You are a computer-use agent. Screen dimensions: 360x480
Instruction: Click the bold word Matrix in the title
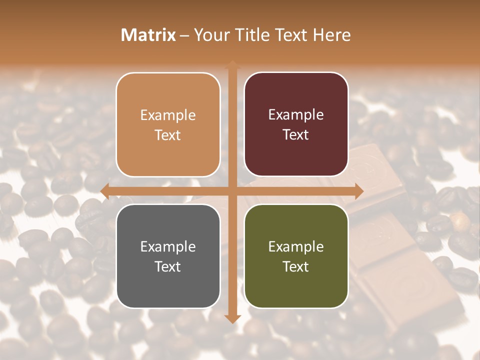148,35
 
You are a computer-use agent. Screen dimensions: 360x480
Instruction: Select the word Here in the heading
332,35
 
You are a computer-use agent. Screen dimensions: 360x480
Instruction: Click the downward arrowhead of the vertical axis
232,318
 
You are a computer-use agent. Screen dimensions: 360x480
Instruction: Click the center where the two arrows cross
232,191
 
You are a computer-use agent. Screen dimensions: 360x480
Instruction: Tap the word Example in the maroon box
296,114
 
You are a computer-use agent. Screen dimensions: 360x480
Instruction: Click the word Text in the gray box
168,266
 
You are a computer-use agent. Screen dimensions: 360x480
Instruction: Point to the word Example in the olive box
296,246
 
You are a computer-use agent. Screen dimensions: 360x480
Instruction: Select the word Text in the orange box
168,135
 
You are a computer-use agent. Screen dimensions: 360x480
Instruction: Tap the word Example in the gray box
168,246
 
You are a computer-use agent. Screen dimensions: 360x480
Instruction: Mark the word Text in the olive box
296,266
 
